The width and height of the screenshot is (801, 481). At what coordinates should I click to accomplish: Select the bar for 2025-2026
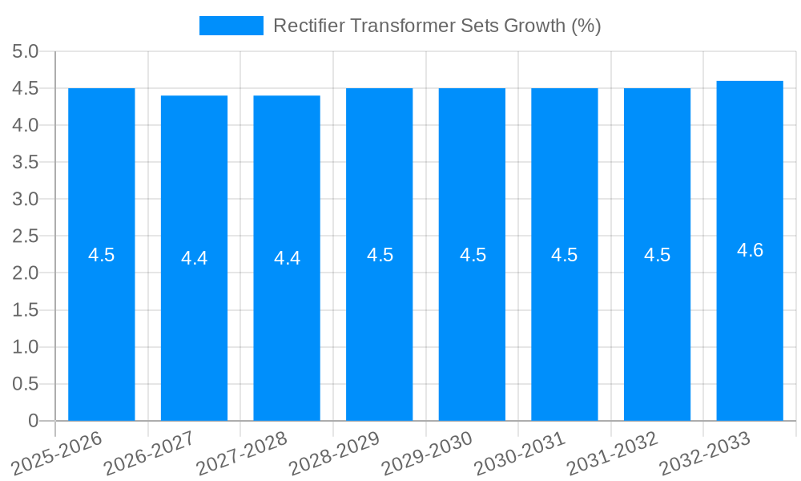point(102,321)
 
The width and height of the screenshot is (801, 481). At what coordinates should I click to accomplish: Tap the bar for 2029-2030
point(472,321)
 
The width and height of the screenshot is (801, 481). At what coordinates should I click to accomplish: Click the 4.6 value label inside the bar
point(750,250)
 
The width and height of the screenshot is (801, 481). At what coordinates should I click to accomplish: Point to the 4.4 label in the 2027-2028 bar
point(287,258)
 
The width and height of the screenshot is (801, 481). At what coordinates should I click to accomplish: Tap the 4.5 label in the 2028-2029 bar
point(380,255)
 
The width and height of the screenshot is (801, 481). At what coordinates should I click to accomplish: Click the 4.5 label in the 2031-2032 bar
point(657,255)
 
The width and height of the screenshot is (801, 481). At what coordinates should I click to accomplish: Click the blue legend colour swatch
point(231,26)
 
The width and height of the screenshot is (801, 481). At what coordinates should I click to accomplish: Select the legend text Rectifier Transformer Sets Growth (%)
point(437,26)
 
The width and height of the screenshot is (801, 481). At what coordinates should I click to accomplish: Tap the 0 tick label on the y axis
point(33,421)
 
